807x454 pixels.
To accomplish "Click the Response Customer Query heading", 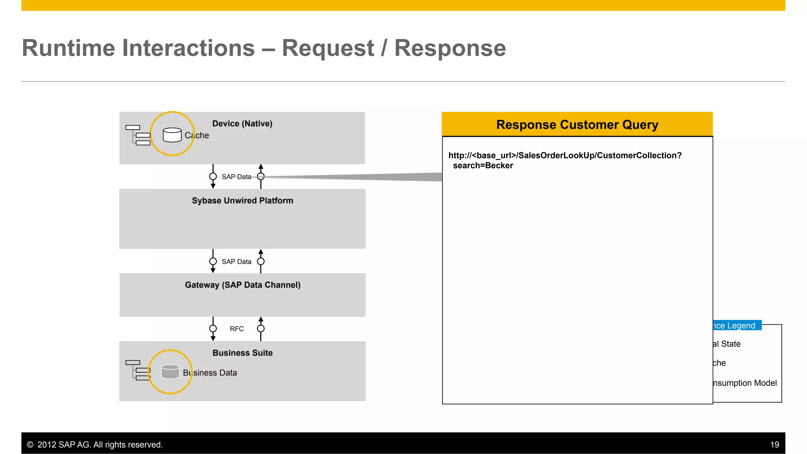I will pos(577,125).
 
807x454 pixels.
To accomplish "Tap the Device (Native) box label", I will pos(242,124).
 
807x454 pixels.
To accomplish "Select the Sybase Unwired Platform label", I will pos(242,201).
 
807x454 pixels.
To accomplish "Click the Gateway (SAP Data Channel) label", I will pos(242,285).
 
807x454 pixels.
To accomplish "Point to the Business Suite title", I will pos(242,353).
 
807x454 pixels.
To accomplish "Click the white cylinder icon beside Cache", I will pos(172,135).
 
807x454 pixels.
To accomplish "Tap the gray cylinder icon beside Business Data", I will pos(170,372).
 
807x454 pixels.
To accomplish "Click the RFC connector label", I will pos(236,329).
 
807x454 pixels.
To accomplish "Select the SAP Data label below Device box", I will pos(236,177).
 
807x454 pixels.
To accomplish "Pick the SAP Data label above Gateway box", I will pos(236,262).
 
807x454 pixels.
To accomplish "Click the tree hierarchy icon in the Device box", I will pos(138,135).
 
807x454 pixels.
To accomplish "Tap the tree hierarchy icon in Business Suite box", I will pos(138,370).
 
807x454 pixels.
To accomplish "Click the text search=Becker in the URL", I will pos(483,166).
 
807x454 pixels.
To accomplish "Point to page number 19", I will pos(774,445).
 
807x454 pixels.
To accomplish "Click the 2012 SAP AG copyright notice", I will pos(95,445).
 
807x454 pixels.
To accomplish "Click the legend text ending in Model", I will pos(744,383).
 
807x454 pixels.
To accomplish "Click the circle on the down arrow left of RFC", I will pos(213,329).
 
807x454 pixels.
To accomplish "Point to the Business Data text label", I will pos(210,373).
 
